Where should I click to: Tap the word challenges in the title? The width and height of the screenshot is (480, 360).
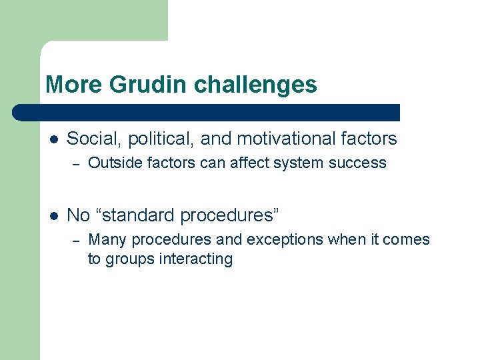255,85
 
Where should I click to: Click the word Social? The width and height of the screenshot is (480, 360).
94,139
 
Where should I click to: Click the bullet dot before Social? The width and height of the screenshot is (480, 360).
54,139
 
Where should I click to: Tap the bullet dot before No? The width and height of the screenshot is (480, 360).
54,215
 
